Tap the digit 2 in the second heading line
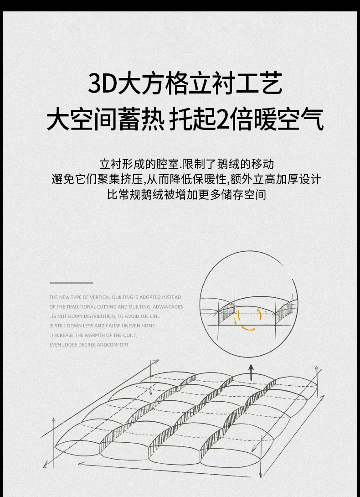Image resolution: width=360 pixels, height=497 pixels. click(222, 119)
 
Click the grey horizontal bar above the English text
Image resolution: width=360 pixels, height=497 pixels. click(71, 283)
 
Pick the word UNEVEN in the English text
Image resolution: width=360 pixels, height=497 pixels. click(131, 326)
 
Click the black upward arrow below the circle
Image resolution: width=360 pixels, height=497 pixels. click(251, 372)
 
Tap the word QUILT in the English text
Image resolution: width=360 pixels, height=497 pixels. click(130, 335)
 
